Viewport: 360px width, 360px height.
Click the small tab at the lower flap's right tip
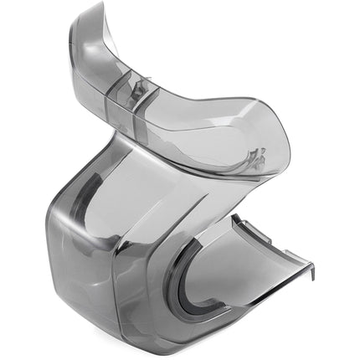[311, 270]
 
